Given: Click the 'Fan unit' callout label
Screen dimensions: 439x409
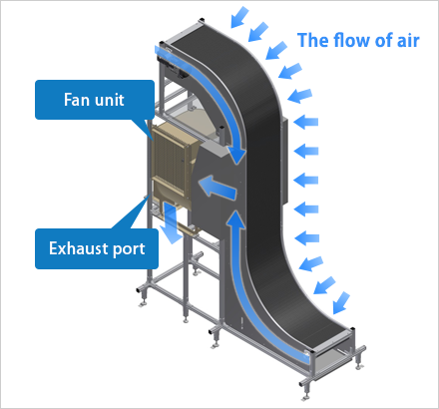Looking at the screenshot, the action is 95,100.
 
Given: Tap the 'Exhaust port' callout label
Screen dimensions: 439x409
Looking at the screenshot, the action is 97,248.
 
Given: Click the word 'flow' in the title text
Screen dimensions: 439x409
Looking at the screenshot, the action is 352,40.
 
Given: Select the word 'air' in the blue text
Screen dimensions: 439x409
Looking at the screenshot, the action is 408,40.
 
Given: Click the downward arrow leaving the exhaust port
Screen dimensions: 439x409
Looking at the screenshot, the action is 171,222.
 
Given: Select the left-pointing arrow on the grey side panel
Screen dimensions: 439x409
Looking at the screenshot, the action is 217,188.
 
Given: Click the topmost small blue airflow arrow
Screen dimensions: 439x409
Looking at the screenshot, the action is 239,17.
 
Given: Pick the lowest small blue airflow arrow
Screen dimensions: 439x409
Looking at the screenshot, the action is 341,303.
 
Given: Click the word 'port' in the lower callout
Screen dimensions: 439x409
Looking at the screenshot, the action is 129,249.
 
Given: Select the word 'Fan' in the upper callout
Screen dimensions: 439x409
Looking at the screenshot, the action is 76,100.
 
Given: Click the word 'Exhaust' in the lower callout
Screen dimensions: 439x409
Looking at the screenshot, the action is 79,248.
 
